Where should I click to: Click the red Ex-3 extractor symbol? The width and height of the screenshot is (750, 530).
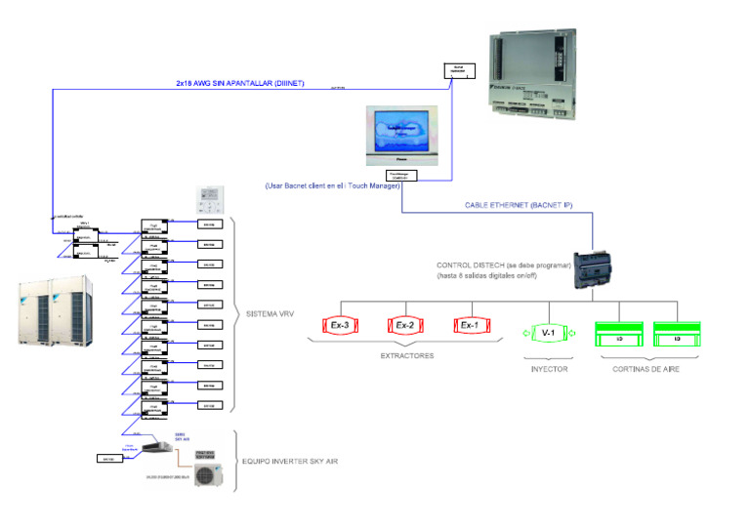pos(341,326)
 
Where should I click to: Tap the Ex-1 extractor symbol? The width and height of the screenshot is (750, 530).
pos(470,326)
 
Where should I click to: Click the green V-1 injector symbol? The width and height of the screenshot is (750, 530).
pos(548,334)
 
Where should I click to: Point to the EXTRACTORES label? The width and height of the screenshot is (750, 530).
pos(407,356)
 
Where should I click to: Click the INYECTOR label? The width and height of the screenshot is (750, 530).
pos(548,368)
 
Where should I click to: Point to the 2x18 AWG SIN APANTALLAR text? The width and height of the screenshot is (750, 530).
pos(233,85)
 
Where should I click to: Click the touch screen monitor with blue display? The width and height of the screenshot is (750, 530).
pos(401,138)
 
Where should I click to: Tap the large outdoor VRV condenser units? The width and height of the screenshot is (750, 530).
pos(54,310)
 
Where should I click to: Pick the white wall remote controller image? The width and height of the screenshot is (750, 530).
pos(210,199)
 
